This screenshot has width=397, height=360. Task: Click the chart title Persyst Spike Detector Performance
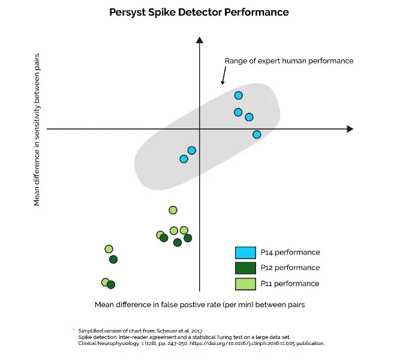pyautogui.click(x=199, y=12)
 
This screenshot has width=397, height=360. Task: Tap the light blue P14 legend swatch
pyautogui.click(x=245, y=253)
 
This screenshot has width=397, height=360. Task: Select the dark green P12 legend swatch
pyautogui.click(x=245, y=268)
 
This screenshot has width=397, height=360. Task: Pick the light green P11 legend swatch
pyautogui.click(x=245, y=284)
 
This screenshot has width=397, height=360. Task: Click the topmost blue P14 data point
pyautogui.click(x=239, y=95)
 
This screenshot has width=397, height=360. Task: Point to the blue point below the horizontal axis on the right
pyautogui.click(x=257, y=134)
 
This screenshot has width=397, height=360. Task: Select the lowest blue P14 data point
pyautogui.click(x=184, y=159)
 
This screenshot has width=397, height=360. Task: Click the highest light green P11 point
pyautogui.click(x=173, y=210)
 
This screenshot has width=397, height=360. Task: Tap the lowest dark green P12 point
pyautogui.click(x=111, y=285)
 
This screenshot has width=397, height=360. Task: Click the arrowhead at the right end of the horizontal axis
pyautogui.click(x=350, y=129)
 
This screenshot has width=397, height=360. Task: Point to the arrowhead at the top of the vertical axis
pyautogui.click(x=200, y=40)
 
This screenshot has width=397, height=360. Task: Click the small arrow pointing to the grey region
pyautogui.click(x=224, y=76)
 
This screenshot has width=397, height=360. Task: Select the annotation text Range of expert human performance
pyautogui.click(x=289, y=61)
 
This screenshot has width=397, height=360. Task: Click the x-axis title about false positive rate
pyautogui.click(x=200, y=305)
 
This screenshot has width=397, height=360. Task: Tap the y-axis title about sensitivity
pyautogui.click(x=37, y=130)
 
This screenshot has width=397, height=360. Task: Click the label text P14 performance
pyautogui.click(x=290, y=253)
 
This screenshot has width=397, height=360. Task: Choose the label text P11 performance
pyautogui.click(x=290, y=284)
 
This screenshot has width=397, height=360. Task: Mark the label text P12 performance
pyautogui.click(x=290, y=268)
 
